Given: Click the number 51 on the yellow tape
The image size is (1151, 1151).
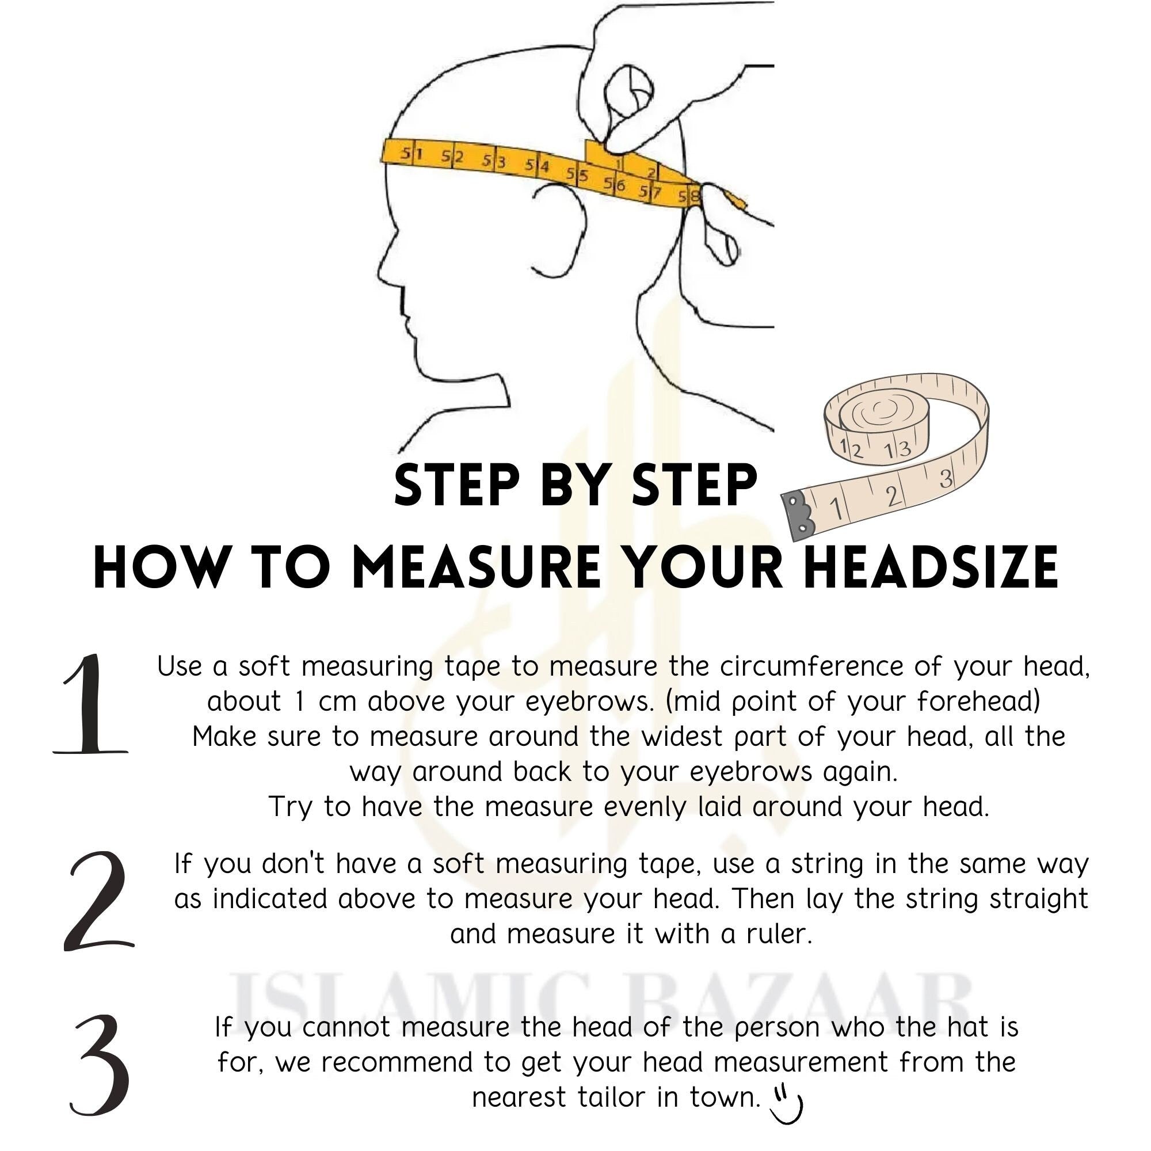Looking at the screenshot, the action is pos(410,154).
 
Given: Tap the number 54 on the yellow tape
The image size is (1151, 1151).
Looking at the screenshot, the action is pos(537,166).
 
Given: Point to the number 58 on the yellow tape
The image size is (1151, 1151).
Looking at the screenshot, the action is pos(693,195).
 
